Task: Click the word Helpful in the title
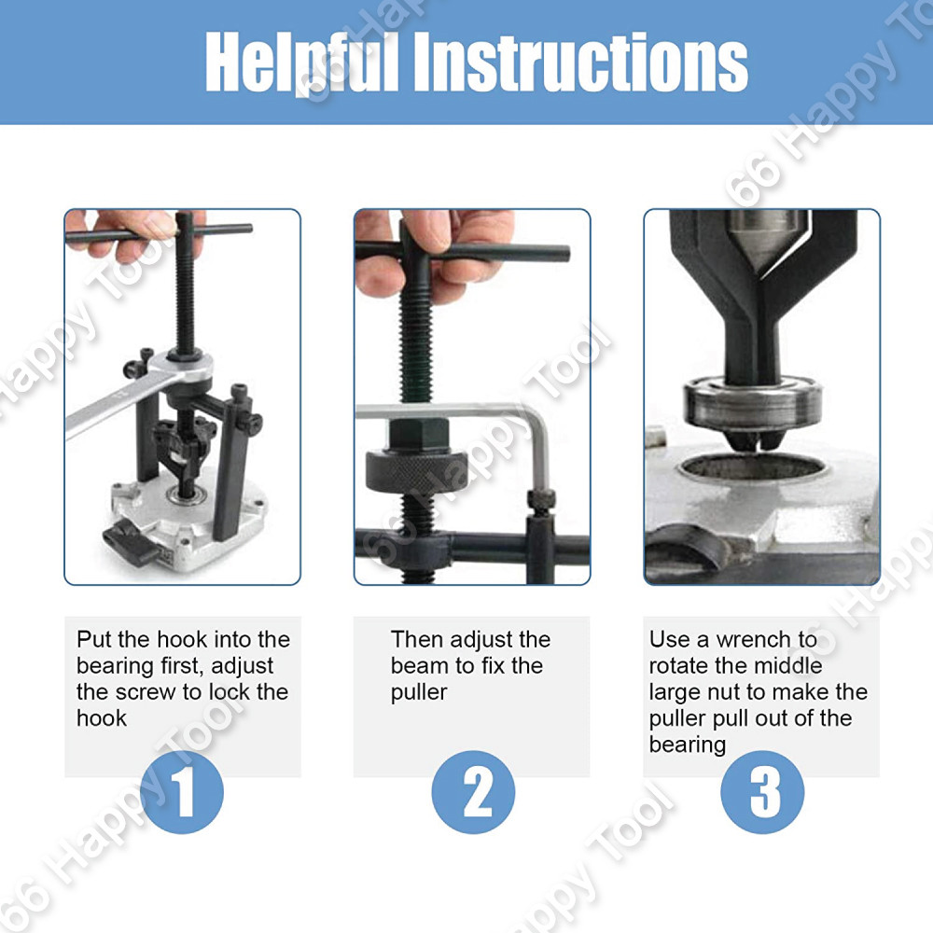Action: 301,62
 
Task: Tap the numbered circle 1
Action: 182,792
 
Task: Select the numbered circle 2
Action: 473,792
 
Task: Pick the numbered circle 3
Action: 762,792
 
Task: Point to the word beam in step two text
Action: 420,666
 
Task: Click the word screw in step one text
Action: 146,692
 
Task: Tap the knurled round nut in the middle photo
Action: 408,470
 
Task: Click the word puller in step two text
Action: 419,693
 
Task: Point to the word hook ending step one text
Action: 102,718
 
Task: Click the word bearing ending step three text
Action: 688,745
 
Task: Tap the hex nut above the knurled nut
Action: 419,434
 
